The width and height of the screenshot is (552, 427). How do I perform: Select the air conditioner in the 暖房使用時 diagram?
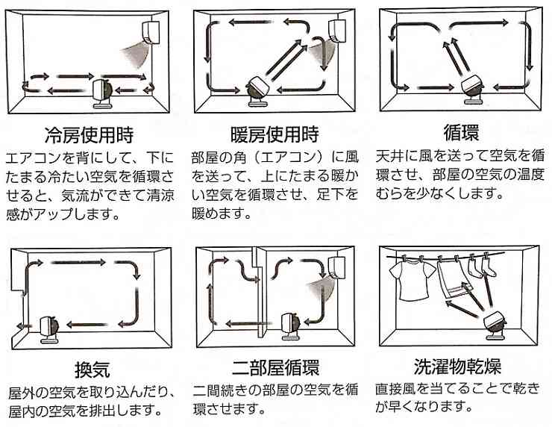click(x=337, y=31)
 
